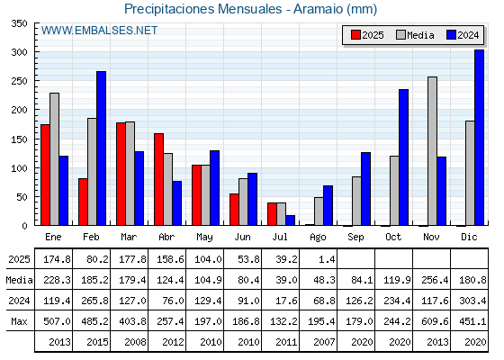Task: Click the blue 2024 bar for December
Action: (x=479, y=138)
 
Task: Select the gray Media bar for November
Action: (x=432, y=151)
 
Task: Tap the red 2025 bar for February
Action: (x=83, y=202)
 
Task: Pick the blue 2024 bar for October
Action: (x=404, y=157)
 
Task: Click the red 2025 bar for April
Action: (x=158, y=179)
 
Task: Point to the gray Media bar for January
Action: (x=54, y=159)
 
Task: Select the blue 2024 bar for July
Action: (x=290, y=220)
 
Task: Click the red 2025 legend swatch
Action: (x=355, y=35)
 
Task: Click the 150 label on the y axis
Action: (x=19, y=139)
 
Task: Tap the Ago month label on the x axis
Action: (x=318, y=238)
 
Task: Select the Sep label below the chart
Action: (x=355, y=237)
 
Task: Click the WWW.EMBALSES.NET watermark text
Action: (x=99, y=31)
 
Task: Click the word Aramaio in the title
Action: (x=319, y=9)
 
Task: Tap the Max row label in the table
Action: (x=19, y=321)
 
